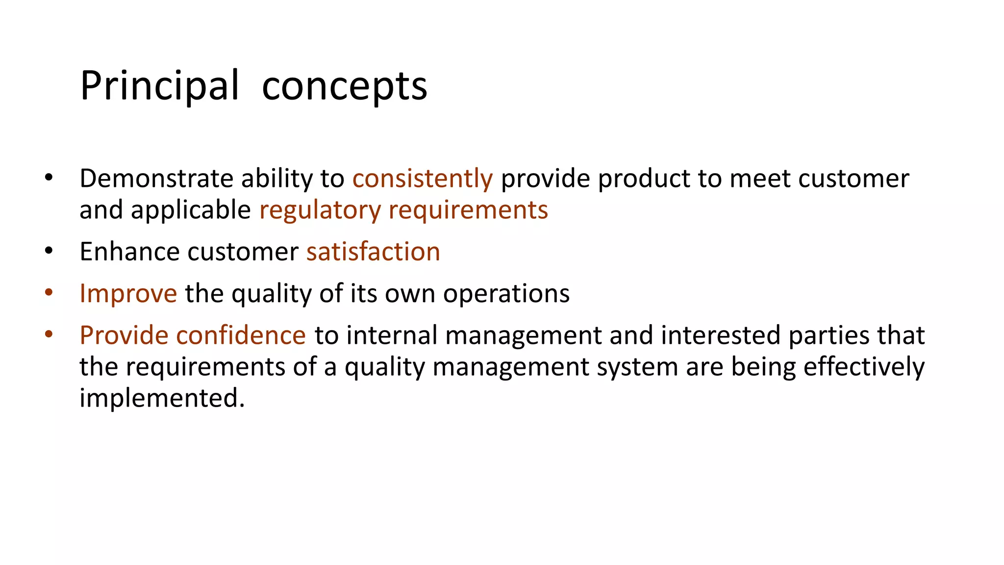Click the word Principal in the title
point(159,86)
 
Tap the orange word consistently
point(422,178)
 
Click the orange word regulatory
point(320,210)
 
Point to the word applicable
point(191,210)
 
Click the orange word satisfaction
point(373,252)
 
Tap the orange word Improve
point(128,293)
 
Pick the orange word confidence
point(241,335)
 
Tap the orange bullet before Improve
point(48,293)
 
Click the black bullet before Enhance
point(48,251)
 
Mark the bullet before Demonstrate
point(48,178)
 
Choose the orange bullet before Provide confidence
point(48,335)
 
